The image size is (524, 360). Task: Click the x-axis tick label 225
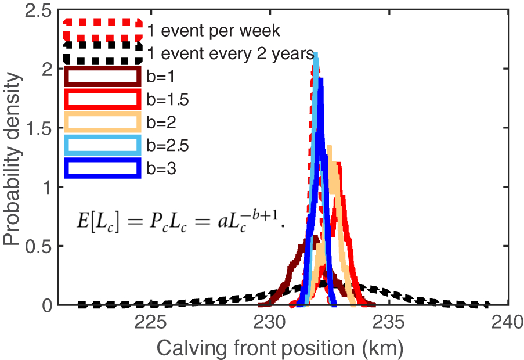point(150,323)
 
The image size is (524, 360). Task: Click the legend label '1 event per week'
point(214,30)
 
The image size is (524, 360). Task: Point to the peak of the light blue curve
point(315,54)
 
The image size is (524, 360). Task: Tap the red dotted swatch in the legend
point(103,30)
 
